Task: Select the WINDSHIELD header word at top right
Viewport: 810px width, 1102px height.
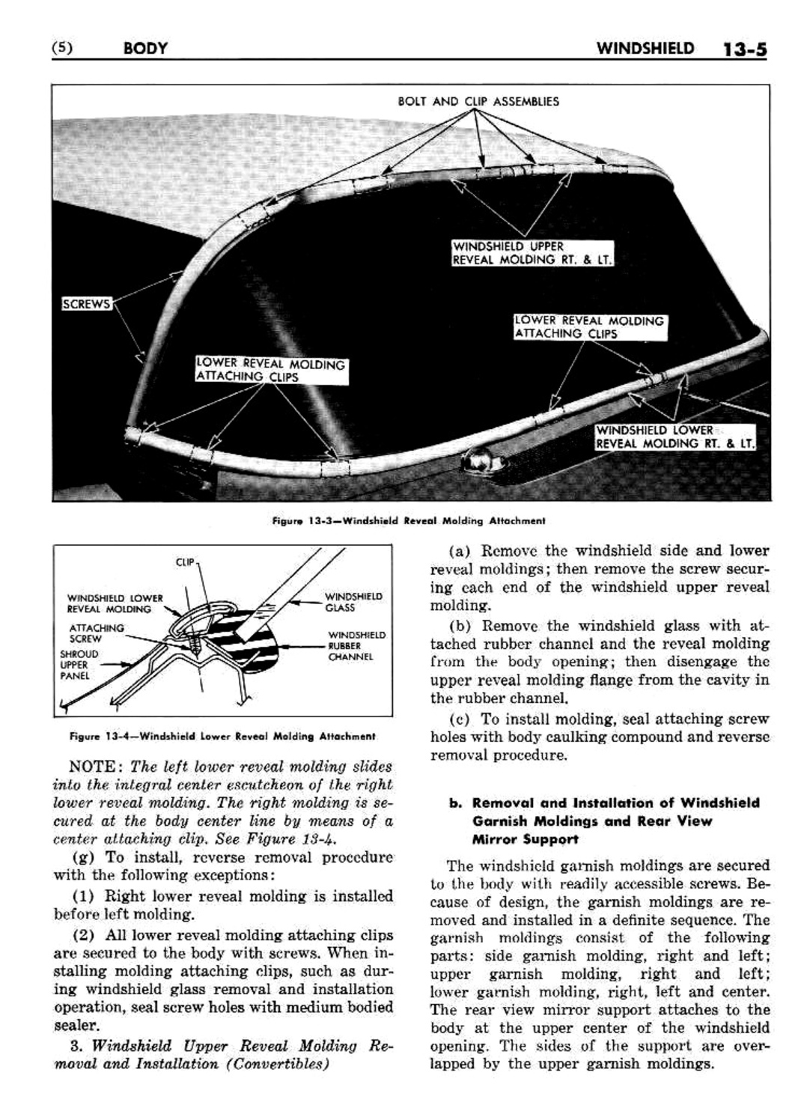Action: (x=645, y=49)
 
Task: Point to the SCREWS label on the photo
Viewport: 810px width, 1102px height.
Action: (x=85, y=303)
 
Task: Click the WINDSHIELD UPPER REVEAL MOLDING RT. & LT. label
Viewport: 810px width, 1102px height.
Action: (x=532, y=253)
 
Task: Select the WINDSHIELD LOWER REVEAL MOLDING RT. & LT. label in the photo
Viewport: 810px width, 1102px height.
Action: (x=675, y=436)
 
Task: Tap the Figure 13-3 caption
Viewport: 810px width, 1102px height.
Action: (x=409, y=520)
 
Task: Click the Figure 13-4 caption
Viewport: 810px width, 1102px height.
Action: (x=222, y=736)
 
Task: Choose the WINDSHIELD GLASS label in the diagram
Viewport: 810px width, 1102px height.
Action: (x=353, y=602)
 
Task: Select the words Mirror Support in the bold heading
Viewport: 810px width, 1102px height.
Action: (x=525, y=839)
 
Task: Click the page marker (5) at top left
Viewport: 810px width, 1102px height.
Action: (x=61, y=49)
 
